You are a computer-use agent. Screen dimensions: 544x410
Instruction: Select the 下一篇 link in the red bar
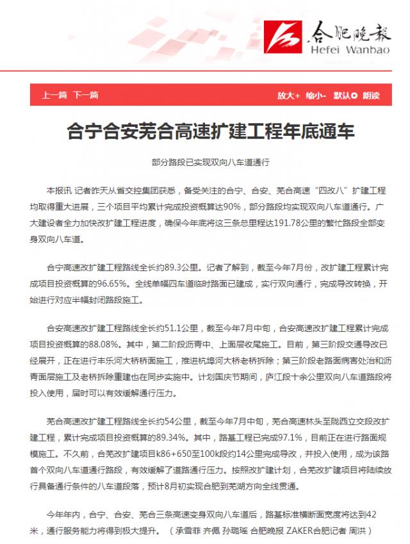85,95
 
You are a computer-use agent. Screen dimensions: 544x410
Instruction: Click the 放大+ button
288,95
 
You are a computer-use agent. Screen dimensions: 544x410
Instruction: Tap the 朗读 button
371,95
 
